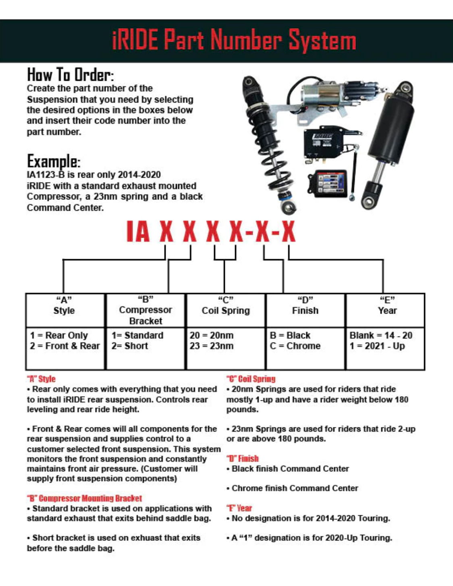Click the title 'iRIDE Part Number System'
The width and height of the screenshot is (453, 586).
[x=234, y=41]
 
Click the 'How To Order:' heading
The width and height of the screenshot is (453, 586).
[x=70, y=75]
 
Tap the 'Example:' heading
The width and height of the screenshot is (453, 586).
[x=53, y=161]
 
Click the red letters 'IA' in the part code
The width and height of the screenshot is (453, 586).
[x=138, y=232]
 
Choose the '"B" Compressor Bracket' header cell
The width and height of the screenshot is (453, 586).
[x=145, y=310]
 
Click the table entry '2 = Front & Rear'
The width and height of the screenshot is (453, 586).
[x=64, y=346]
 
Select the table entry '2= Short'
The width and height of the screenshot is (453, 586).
[x=129, y=346]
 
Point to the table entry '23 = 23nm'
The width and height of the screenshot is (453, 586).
[x=211, y=346]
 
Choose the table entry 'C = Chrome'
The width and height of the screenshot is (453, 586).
[x=295, y=346]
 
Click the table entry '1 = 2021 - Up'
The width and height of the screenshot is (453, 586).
[x=377, y=346]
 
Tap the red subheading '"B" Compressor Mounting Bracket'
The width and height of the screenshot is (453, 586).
[x=84, y=498]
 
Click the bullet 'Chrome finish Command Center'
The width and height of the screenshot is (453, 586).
[x=294, y=488]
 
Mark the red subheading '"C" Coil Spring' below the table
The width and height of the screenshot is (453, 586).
[x=251, y=379]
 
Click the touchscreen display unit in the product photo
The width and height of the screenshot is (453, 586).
[x=328, y=184]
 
